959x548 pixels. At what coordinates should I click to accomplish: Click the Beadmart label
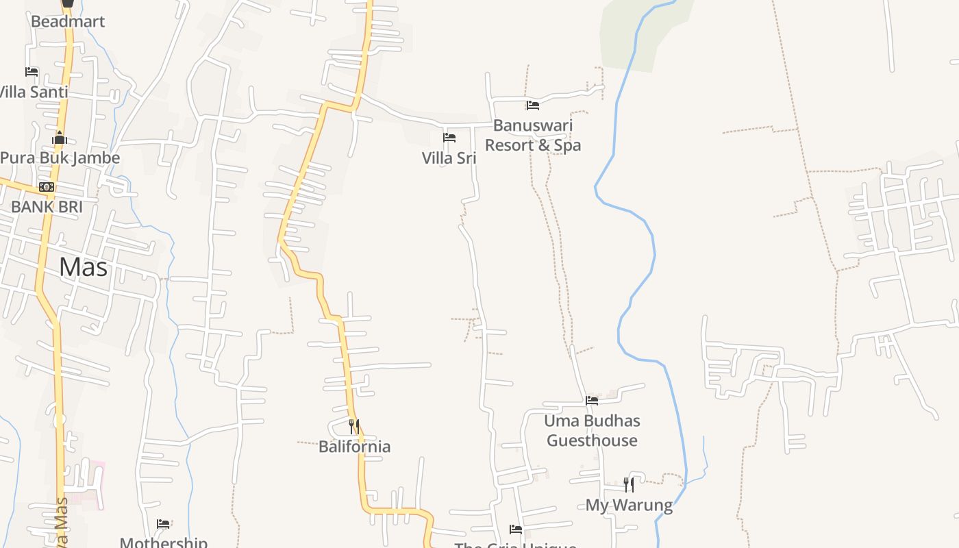(68, 21)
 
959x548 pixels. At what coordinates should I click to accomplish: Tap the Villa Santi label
(33, 92)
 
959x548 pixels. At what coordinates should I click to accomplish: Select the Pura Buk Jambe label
(60, 158)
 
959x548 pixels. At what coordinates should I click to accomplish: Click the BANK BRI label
(47, 206)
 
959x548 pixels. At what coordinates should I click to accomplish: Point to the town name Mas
(83, 266)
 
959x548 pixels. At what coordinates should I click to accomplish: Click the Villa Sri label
(449, 158)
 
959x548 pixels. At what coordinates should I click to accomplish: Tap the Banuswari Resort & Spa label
(533, 135)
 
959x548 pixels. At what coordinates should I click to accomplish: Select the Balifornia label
(354, 447)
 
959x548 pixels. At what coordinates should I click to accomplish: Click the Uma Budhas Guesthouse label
(592, 430)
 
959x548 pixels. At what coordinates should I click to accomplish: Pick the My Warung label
(629, 506)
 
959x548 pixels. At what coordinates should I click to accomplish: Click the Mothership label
(163, 543)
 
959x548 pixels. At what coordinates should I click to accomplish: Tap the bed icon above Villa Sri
(449, 138)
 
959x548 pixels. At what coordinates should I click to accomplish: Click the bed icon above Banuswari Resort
(533, 105)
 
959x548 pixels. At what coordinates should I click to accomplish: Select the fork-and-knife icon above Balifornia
(354, 426)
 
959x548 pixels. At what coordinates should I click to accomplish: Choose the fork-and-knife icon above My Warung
(629, 485)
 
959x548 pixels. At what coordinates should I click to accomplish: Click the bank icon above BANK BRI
(47, 186)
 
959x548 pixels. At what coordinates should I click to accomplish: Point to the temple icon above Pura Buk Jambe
(60, 138)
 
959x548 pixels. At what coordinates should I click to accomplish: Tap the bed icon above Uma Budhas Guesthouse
(592, 401)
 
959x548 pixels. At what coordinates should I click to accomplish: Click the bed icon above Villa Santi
(32, 72)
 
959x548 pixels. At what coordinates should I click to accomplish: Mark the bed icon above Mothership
(163, 524)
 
